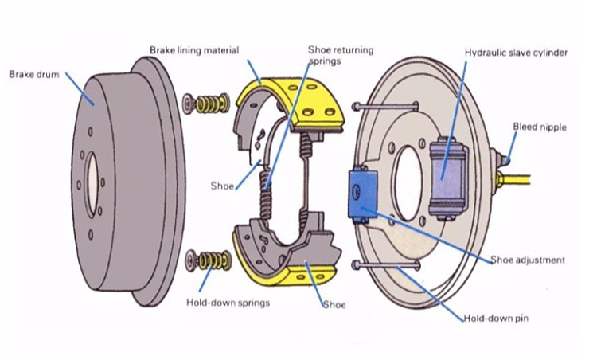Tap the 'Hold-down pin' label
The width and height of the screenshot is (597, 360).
496,319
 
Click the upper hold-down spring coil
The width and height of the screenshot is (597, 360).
210,104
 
